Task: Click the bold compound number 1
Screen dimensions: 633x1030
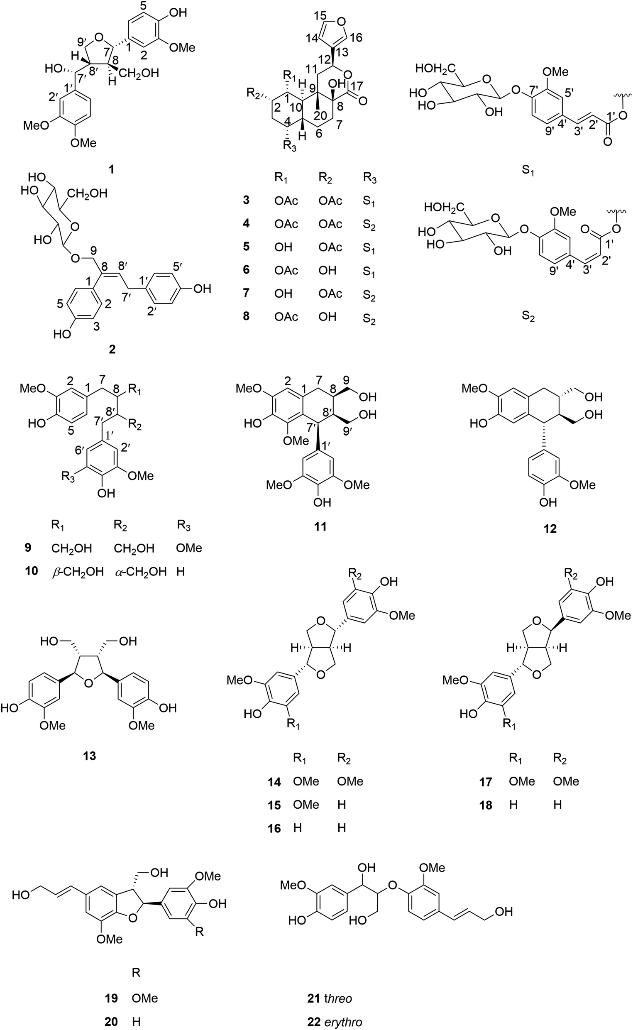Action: tap(112, 169)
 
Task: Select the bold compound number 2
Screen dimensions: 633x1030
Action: tap(112, 349)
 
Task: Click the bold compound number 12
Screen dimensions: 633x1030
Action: tap(550, 529)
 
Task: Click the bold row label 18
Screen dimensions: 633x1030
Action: tap(486, 805)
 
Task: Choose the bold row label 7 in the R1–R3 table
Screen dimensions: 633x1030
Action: tap(246, 293)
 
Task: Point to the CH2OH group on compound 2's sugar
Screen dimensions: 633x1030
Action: tap(88, 193)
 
